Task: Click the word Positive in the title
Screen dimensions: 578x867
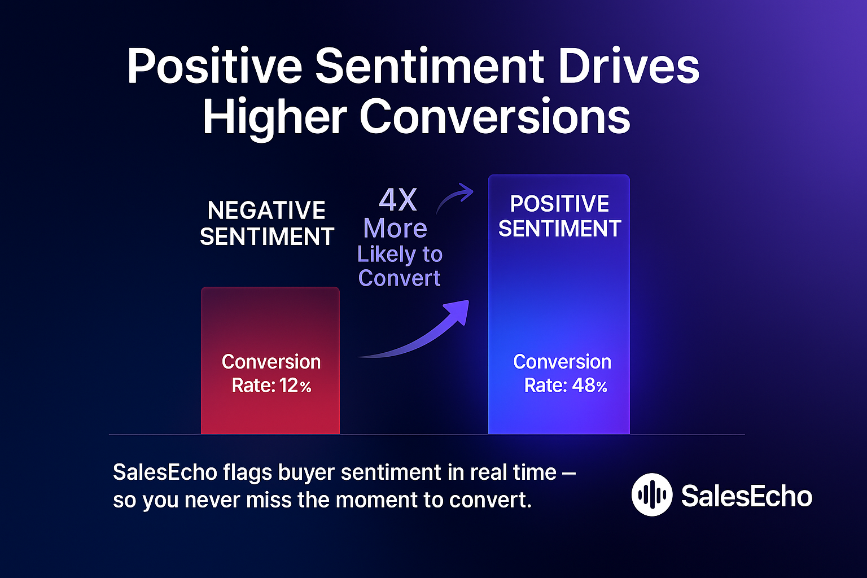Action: [x=214, y=67]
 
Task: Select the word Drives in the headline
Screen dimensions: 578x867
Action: [x=629, y=67]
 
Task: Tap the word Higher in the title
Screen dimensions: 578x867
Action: [x=275, y=117]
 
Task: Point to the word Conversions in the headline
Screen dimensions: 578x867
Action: [x=494, y=117]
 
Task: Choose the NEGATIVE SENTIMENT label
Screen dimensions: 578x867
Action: [x=267, y=224]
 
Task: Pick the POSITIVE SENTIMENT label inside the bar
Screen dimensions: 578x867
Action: [x=559, y=216]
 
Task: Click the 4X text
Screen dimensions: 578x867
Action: [x=398, y=200]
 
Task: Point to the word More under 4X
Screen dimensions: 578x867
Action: [x=395, y=229]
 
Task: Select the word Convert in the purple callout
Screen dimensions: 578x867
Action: [x=399, y=278]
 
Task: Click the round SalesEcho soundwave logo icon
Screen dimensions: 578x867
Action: [x=652, y=495]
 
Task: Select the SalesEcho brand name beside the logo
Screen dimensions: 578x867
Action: [x=746, y=496]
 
